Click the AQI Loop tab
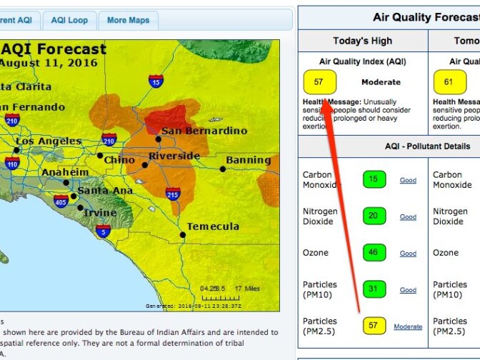(x=69, y=20)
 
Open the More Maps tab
(x=128, y=20)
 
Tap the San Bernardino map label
(x=204, y=131)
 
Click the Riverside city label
(x=174, y=156)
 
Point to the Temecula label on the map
(x=212, y=226)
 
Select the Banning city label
(x=249, y=160)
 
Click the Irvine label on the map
(x=100, y=214)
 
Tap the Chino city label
(x=119, y=160)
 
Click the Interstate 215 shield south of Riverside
(x=172, y=194)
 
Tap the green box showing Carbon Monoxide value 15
(x=374, y=179)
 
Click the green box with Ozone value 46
(x=374, y=253)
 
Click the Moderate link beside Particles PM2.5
(x=408, y=326)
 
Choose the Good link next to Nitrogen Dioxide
(x=408, y=216)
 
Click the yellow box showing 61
(x=448, y=82)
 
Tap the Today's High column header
(x=362, y=41)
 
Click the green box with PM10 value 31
(x=374, y=289)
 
